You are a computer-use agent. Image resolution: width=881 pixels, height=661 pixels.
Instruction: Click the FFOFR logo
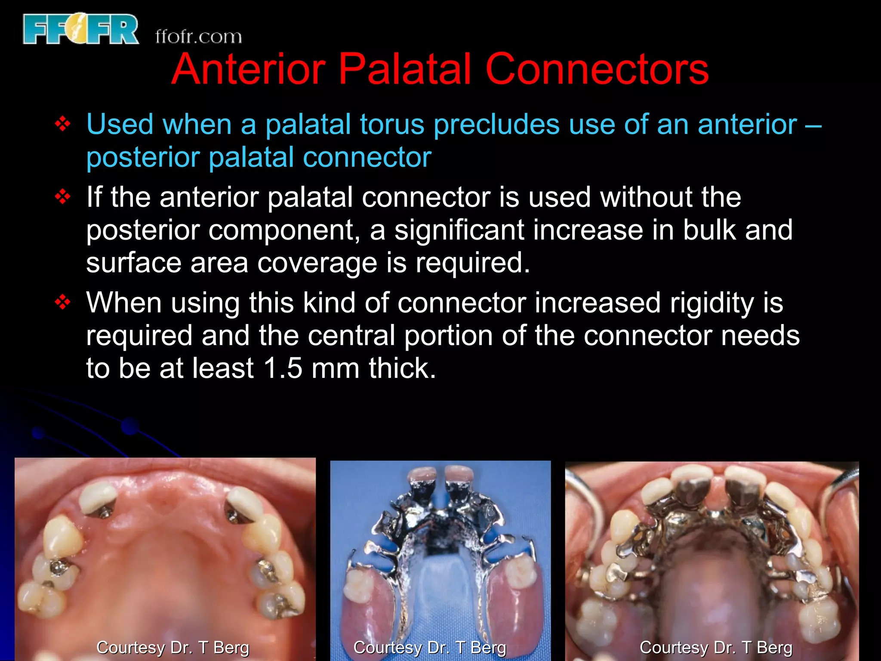coord(81,29)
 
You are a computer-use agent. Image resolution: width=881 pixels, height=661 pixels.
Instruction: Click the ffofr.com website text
coord(198,37)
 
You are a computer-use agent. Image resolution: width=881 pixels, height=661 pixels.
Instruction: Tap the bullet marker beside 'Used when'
coord(63,124)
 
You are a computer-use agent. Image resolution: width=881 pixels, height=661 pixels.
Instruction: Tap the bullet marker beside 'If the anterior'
coord(63,197)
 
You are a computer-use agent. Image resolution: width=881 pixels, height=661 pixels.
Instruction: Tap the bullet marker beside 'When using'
coord(63,303)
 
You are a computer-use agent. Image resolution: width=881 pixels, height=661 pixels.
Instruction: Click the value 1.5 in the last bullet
coord(283,368)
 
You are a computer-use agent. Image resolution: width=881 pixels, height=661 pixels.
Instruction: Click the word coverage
coord(317,263)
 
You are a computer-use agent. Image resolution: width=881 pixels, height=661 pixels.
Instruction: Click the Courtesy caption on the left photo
coord(173,647)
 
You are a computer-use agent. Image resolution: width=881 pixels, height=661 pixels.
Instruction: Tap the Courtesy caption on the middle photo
coord(429,647)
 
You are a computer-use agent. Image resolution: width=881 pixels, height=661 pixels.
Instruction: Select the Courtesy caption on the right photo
coord(716,647)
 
